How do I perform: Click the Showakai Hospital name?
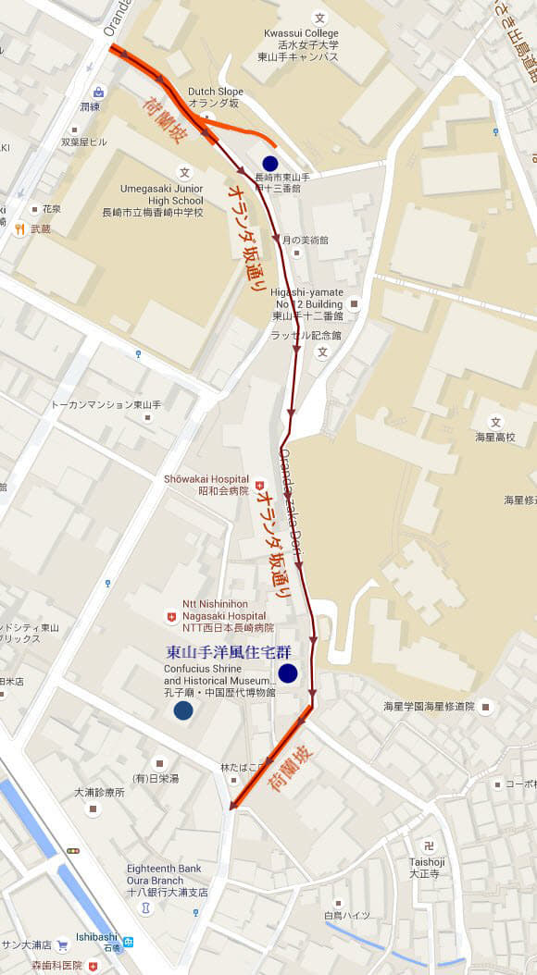point(206,478)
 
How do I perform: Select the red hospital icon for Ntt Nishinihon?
point(169,615)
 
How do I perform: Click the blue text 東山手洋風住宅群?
point(228,651)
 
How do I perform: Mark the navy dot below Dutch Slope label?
point(270,164)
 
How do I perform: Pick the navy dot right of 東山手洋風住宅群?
point(287,672)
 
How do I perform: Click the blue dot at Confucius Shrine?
point(183,710)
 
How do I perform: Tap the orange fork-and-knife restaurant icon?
point(19,228)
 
